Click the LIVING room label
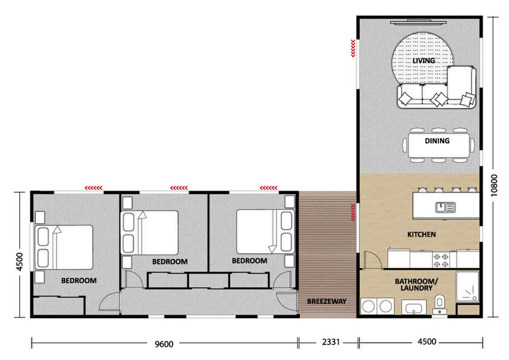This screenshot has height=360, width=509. pyautogui.click(x=423, y=61)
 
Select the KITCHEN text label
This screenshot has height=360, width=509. pyautogui.click(x=421, y=234)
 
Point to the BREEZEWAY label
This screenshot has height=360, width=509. pyautogui.click(x=326, y=301)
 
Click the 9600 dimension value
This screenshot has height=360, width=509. pyautogui.click(x=164, y=344)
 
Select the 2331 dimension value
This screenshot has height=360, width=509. pyautogui.click(x=328, y=344)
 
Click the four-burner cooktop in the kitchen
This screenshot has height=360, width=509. pyautogui.click(x=442, y=260)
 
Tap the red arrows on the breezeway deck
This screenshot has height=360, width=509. pyautogui.click(x=353, y=211)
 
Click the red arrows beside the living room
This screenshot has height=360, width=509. pyautogui.click(x=353, y=48)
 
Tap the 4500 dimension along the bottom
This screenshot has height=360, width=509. pyautogui.click(x=426, y=344)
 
